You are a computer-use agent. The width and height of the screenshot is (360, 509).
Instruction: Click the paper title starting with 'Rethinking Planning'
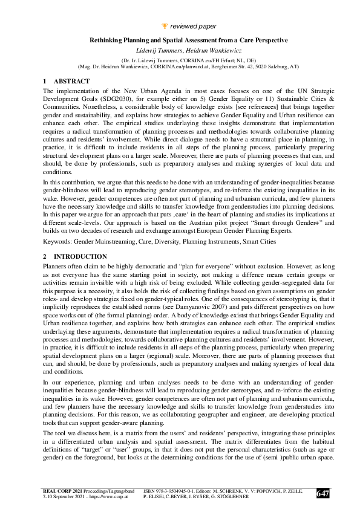point(180,40)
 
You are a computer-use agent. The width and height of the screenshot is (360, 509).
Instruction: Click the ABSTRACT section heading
point(71,81)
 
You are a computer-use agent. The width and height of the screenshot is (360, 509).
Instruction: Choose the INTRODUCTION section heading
point(80,256)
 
